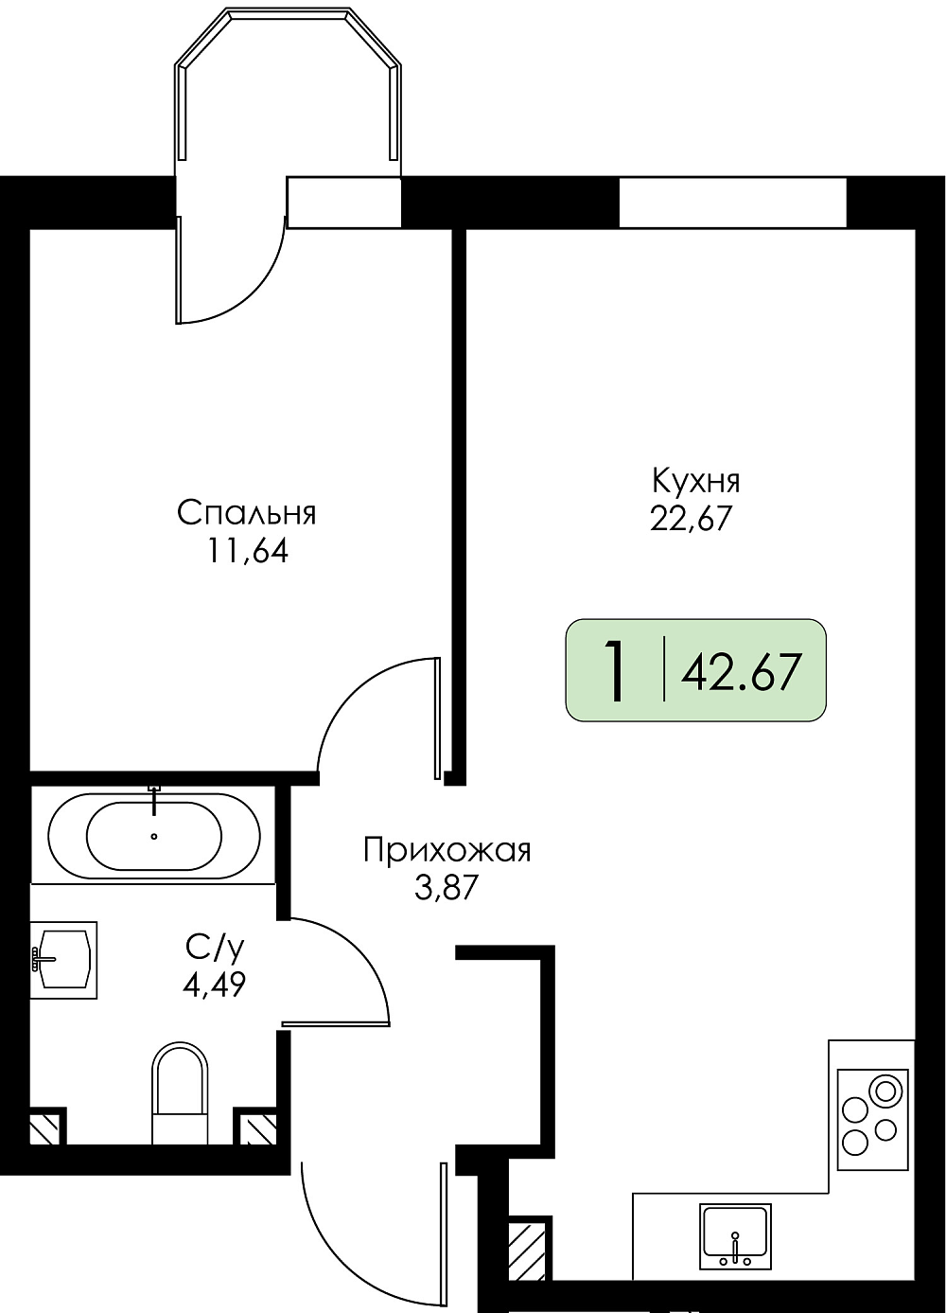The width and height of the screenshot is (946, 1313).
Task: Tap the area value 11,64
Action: coord(247,551)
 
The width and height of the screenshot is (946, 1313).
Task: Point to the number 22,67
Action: coord(692,519)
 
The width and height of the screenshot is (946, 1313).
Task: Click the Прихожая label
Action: coord(447,850)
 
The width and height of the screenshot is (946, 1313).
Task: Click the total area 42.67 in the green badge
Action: coord(741,672)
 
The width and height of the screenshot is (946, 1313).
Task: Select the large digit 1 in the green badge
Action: coord(615,670)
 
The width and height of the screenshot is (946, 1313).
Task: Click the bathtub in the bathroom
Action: coord(154,836)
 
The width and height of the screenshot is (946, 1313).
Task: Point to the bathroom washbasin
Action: coord(63,960)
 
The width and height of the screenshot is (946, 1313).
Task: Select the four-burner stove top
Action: coord(873,1120)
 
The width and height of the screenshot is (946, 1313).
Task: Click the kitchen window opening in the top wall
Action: coord(733,203)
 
